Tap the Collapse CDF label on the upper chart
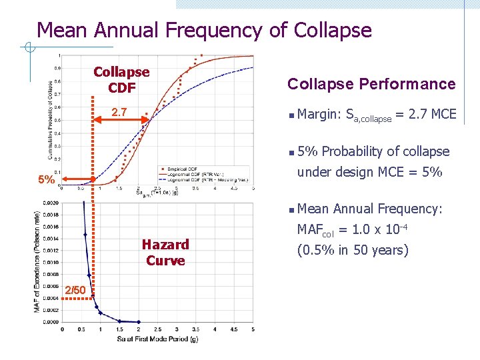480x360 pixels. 121,79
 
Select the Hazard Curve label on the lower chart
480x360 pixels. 165,253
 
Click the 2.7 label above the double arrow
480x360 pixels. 120,112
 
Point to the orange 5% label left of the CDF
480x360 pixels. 46,180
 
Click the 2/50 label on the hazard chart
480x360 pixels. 75,290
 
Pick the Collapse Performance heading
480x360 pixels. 371,84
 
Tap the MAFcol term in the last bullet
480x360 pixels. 315,231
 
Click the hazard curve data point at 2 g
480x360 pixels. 139,321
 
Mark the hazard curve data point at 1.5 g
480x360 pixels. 120,320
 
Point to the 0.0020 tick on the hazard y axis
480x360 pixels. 50,203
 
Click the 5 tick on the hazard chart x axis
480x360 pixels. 253,329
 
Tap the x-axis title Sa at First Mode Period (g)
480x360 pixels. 158,339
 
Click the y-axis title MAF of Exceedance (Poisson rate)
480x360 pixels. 37,261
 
